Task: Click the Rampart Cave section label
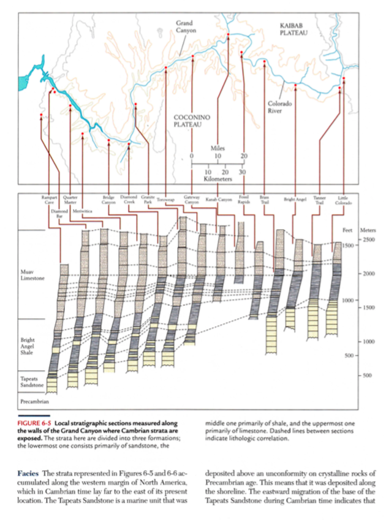[48, 200]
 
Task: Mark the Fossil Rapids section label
[244, 200]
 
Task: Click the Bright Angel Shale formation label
[28, 346]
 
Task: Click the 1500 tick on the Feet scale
[349, 245]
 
